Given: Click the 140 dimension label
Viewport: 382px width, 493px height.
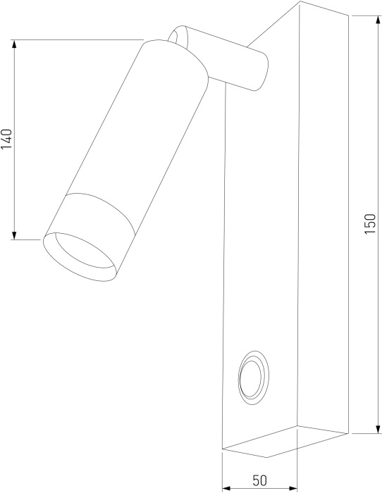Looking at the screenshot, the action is (x=6, y=139).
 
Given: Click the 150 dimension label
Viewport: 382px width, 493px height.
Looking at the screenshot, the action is (x=370, y=223).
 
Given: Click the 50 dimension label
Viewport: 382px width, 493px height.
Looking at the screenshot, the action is (x=259, y=480).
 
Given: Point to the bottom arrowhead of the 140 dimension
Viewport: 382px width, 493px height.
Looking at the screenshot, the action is (x=14, y=235).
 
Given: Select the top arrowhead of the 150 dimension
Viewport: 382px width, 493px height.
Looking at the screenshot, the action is (x=377, y=20).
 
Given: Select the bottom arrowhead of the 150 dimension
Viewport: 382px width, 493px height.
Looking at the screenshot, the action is (x=377, y=428).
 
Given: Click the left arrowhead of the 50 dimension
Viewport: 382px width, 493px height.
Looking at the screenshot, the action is (x=227, y=488).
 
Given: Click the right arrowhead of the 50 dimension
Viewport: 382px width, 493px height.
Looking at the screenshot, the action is (x=292, y=488).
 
